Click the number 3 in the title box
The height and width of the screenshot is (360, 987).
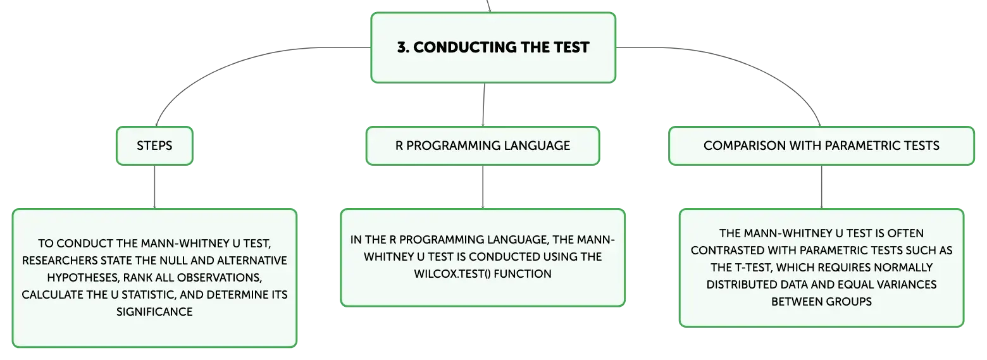401,47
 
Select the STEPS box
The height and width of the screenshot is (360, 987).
154,146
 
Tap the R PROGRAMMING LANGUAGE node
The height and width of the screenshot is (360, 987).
483,146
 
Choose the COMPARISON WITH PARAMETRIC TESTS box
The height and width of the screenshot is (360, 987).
821,146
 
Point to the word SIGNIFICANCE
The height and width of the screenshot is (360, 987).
154,311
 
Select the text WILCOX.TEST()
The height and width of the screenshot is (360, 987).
452,273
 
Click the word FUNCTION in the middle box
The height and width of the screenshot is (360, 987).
523,273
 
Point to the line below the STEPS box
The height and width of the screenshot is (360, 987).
154,187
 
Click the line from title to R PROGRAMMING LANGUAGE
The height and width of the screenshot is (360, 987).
484,104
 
